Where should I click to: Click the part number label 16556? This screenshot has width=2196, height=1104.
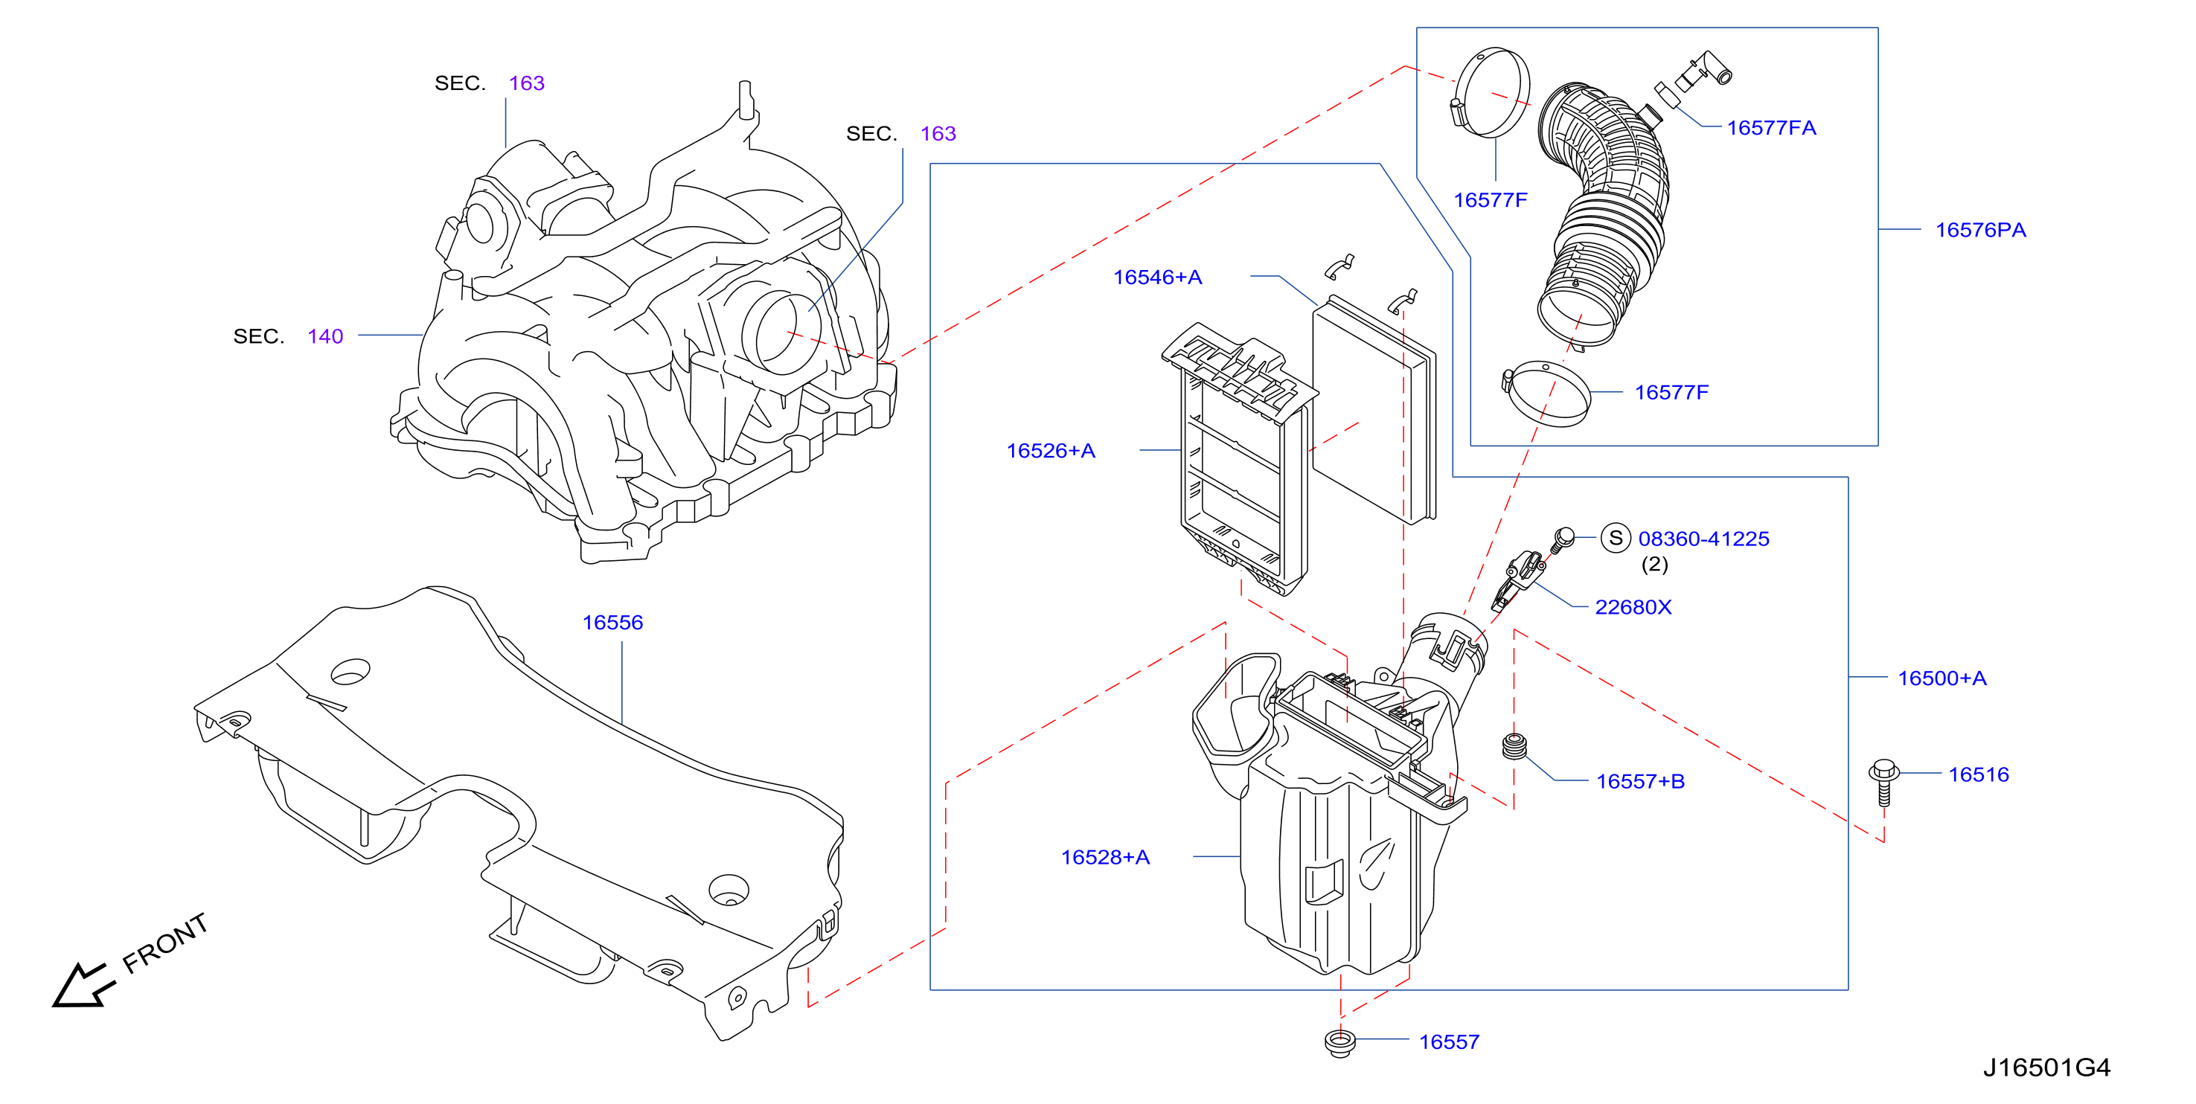click(612, 623)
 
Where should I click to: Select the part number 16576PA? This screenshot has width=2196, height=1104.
click(1979, 230)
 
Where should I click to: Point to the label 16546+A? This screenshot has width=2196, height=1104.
click(1157, 277)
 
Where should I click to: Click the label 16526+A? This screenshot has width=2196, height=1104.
click(1050, 451)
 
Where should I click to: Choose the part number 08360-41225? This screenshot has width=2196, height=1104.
click(1703, 539)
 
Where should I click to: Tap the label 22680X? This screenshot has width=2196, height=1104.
click(1633, 607)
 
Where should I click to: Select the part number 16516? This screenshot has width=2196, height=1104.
click(1978, 775)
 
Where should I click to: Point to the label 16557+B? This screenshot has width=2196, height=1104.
click(1639, 782)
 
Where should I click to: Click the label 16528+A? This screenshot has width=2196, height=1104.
click(1105, 858)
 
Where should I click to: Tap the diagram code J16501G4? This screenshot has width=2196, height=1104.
click(2046, 1068)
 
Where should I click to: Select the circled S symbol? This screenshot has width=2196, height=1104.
click(1616, 538)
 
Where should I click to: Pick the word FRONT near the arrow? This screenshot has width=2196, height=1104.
click(165, 944)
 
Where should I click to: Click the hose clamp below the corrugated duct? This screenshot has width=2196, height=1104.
click(1546, 394)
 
